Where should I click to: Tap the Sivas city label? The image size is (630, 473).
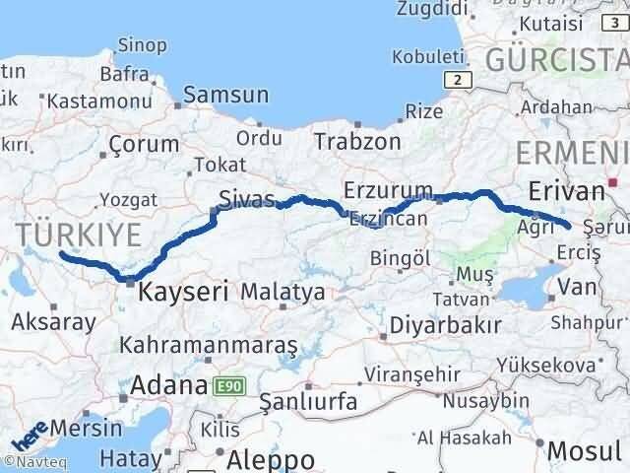click(247, 198)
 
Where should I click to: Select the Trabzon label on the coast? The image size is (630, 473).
click(357, 141)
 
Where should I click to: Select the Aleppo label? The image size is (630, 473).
click(271, 459)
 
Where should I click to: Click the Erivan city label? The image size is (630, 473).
click(564, 191)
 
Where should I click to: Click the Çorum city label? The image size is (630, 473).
click(144, 144)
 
